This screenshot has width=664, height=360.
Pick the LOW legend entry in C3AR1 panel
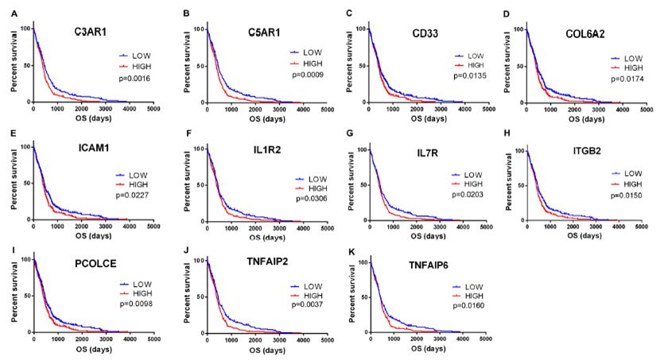pos(141,56)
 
